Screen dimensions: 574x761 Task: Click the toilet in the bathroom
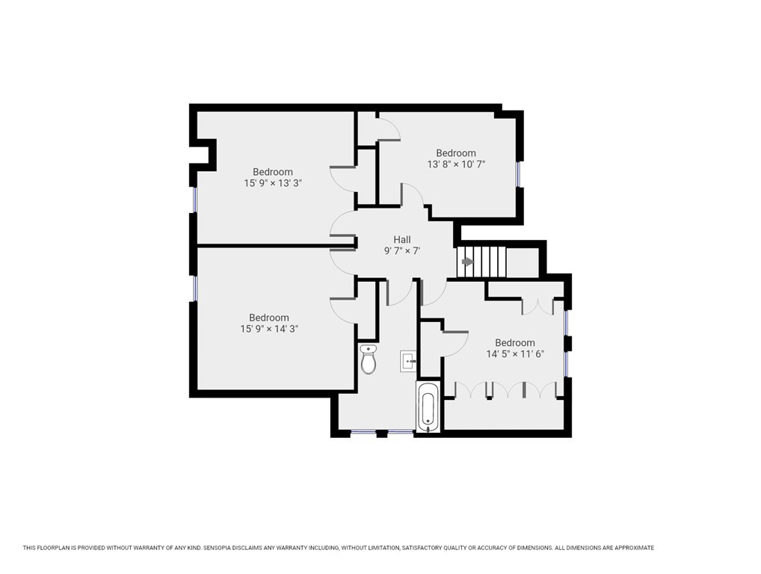tap(368, 360)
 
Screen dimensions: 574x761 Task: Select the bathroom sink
tap(408, 360)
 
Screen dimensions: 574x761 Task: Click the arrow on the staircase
tap(467, 262)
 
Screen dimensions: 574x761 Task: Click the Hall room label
tap(402, 240)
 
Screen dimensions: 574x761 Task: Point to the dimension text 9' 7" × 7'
tap(402, 252)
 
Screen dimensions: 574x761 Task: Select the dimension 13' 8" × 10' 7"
tap(456, 164)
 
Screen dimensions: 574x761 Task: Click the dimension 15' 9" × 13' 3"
tap(273, 183)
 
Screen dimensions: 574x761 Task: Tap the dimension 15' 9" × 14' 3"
tap(269, 329)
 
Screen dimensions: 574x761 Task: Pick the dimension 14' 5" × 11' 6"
tap(514, 354)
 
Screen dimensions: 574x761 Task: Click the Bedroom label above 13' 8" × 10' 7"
tap(456, 153)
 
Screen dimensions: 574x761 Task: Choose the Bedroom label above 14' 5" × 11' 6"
tap(514, 343)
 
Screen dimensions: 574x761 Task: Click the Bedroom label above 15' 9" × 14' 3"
tap(269, 318)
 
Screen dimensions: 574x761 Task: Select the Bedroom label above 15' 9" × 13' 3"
tap(273, 172)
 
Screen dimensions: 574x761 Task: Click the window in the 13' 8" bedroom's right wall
tap(518, 174)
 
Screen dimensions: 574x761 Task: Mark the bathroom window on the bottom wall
tap(364, 432)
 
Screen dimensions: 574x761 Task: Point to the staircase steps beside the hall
tap(483, 262)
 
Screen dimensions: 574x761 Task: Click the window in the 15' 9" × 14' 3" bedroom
tap(194, 288)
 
